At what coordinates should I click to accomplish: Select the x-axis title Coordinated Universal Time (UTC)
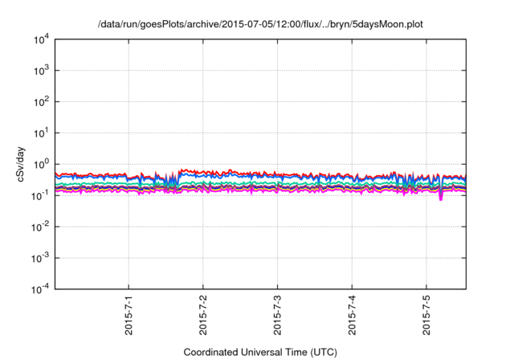pyautogui.click(x=259, y=352)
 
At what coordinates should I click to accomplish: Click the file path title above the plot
pyautogui.click(x=259, y=24)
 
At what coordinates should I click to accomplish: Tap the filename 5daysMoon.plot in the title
pyautogui.click(x=384, y=24)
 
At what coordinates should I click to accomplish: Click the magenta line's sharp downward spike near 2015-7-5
pyautogui.click(x=441, y=198)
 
